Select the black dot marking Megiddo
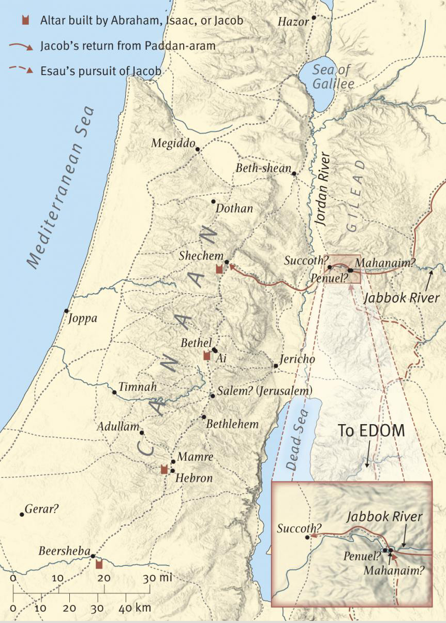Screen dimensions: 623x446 tap(198, 149)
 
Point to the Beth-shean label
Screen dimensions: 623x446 tap(263, 168)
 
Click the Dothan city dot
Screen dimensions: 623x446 tap(213, 201)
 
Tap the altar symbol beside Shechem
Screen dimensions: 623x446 tap(219, 269)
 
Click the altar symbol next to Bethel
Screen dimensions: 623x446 tap(206, 355)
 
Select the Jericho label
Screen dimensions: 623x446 tap(297, 359)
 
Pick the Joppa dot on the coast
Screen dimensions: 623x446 tap(66, 311)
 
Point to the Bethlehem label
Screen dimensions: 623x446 tap(232, 424)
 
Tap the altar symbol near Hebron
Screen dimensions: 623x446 tap(164, 469)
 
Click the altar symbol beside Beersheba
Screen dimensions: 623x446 tap(99, 563)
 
